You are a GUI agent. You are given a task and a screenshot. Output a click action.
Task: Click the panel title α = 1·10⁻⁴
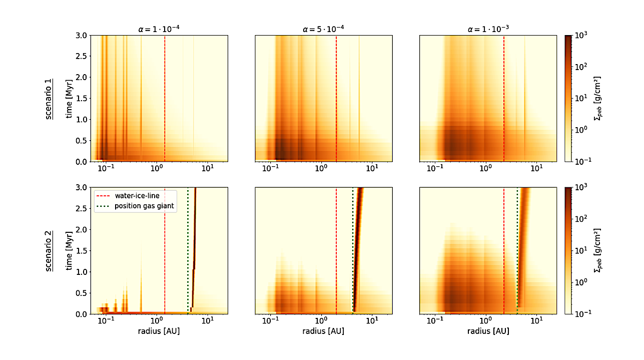(159, 29)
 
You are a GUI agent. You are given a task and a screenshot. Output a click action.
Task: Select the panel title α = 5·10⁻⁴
(323, 29)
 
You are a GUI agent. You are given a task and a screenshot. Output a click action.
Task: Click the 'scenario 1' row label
(49, 99)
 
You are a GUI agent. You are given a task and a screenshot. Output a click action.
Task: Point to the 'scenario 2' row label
(49, 250)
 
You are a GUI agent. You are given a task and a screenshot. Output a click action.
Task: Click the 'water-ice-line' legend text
(137, 196)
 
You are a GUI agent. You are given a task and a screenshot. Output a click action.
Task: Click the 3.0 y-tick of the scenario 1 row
(81, 36)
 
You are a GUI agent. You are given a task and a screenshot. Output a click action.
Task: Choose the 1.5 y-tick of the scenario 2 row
(81, 250)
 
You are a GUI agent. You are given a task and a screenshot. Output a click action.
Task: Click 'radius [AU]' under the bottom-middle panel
(323, 331)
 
